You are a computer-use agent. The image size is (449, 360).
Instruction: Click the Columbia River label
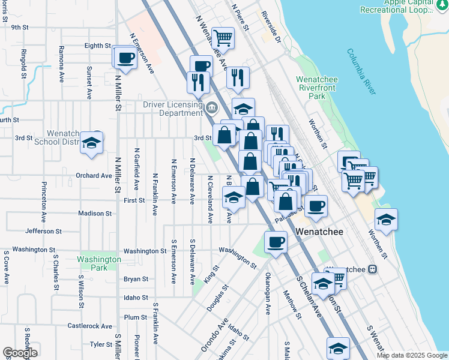(x=361, y=71)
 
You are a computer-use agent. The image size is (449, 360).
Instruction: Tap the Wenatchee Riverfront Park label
(x=316, y=88)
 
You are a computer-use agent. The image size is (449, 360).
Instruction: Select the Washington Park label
(x=99, y=263)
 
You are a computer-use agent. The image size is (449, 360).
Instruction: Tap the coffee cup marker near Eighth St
(x=125, y=58)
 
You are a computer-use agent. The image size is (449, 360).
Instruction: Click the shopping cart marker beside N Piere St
(x=223, y=38)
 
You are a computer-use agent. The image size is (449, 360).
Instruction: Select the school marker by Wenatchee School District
(x=91, y=143)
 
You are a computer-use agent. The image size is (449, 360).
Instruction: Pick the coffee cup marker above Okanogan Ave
(x=276, y=242)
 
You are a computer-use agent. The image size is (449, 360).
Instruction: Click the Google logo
(x=20, y=353)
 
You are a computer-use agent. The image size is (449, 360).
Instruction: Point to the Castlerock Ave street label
(x=89, y=326)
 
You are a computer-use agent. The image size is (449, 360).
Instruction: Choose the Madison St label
(x=95, y=214)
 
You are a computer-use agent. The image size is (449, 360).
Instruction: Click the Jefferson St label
(x=44, y=231)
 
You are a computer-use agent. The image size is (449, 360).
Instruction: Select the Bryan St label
(x=136, y=279)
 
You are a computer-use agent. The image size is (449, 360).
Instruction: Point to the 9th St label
(x=20, y=27)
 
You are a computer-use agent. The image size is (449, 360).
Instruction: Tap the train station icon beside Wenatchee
(x=372, y=269)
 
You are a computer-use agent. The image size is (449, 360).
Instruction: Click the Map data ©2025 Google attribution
(x=411, y=355)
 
